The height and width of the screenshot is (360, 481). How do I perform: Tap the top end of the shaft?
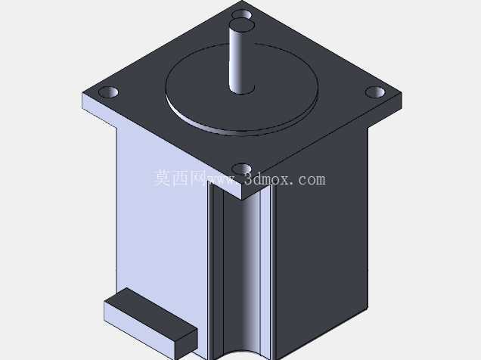(x=241, y=24)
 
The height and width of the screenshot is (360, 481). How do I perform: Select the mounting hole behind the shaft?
(x=241, y=14)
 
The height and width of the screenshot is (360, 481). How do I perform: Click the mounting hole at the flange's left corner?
(x=108, y=92)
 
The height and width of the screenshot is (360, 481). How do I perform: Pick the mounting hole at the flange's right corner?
(x=375, y=92)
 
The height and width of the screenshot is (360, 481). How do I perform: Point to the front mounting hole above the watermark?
(x=241, y=169)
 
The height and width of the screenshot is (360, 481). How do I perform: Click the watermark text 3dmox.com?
(x=284, y=178)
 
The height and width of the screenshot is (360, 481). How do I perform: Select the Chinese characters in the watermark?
(x=179, y=178)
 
